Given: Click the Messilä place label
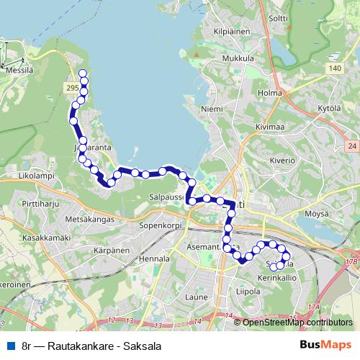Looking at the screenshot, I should coord(21,63).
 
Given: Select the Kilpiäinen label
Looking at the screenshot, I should coord(230,32).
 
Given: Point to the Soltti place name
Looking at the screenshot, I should coord(278,18).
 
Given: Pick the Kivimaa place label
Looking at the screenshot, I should coord(271,127).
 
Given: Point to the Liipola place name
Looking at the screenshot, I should coord(249,292).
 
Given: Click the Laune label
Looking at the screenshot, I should coord(196,297).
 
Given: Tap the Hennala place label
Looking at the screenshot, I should coord(154,258).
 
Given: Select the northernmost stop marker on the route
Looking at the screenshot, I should coord(82,73).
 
